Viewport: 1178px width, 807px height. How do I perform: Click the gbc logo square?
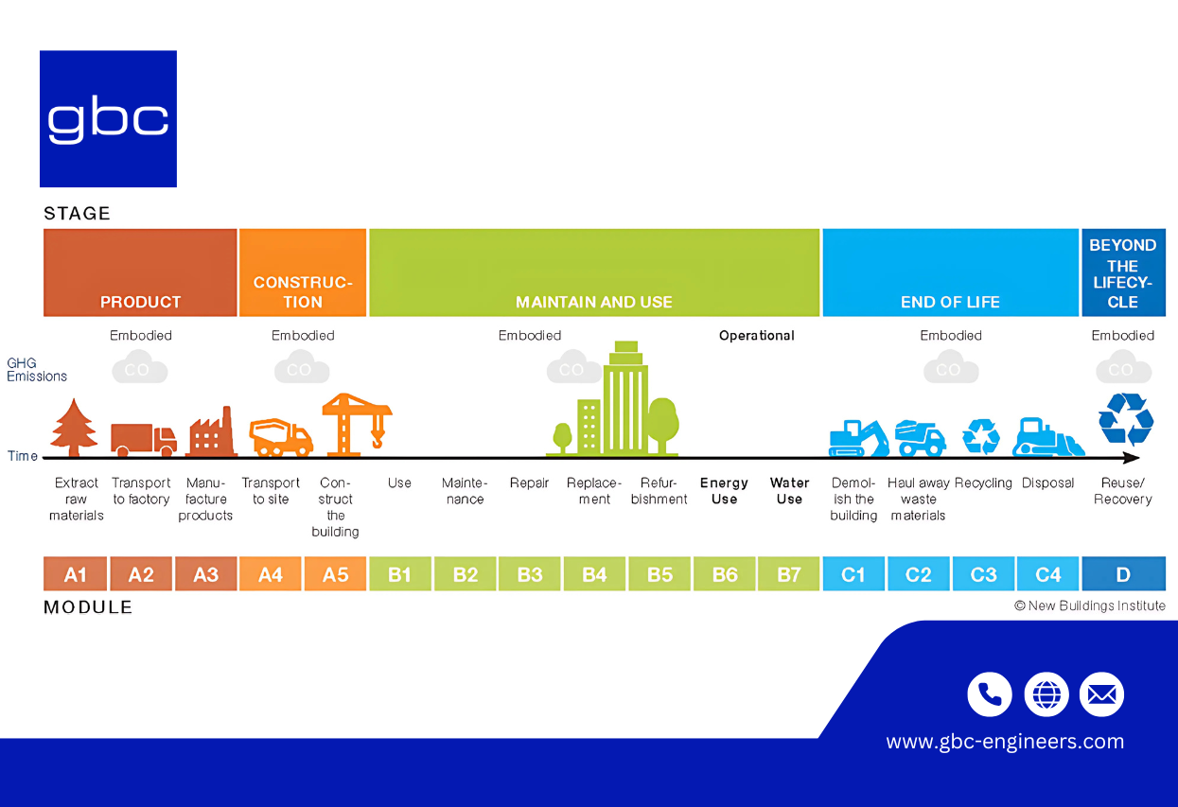coord(108,119)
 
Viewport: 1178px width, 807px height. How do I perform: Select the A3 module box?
coord(205,574)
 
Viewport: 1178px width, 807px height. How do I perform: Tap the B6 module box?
coord(725,574)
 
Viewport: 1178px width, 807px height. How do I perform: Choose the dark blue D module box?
coord(1123,574)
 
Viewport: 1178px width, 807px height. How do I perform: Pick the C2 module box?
coord(919,574)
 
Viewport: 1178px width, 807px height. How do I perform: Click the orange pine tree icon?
coord(74,428)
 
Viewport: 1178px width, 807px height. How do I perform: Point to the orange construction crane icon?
coord(356,424)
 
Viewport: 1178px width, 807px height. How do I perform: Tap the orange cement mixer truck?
coord(281,437)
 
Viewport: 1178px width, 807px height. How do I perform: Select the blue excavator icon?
coord(858,438)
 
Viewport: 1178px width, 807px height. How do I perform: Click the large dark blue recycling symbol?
coord(1126,419)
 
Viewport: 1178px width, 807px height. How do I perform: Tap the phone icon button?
coord(990,694)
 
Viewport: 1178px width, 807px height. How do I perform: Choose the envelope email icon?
coord(1101,694)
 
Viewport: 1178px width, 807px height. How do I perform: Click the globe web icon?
coord(1046,694)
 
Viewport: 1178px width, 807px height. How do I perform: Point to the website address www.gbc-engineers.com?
coord(1005,742)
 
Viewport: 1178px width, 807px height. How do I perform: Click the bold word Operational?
coord(757,336)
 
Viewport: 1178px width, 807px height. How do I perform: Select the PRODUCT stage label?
coord(140,302)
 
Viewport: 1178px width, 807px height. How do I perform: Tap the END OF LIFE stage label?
coord(950,302)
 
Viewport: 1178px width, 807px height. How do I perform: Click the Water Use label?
coord(789,490)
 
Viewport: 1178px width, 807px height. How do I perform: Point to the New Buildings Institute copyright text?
coord(1090,605)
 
